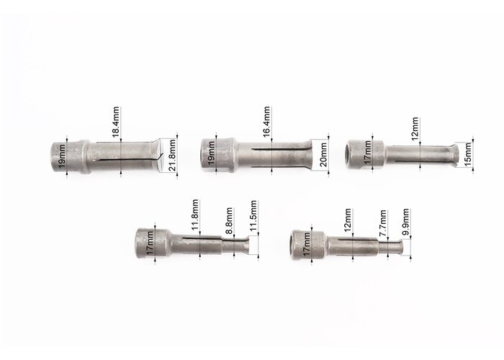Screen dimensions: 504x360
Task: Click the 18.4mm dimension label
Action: click(x=116, y=122)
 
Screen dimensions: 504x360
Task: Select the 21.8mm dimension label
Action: click(x=172, y=156)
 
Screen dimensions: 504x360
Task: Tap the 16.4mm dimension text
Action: click(x=266, y=122)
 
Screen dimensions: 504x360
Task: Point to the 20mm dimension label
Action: click(x=323, y=155)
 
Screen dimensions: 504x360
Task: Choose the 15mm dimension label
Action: click(x=468, y=154)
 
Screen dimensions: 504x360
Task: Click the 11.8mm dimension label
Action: click(x=195, y=215)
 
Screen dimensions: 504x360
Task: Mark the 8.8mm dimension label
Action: click(x=229, y=221)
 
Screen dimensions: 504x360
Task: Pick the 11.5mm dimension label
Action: click(x=253, y=216)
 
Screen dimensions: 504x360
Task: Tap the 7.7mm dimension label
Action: click(x=382, y=223)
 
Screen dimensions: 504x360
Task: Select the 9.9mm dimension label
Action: click(x=405, y=222)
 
